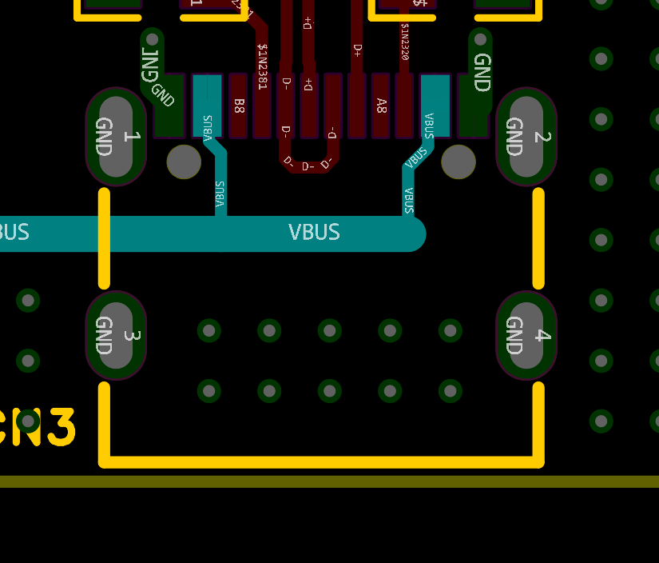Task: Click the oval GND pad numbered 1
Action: point(116,137)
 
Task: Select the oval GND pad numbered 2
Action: point(526,137)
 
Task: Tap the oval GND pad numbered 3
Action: point(116,335)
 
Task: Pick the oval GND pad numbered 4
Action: point(526,335)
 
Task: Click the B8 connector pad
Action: point(238,106)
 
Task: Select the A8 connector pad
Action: point(381,106)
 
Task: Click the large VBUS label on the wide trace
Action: point(314,233)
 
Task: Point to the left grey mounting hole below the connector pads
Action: point(184,162)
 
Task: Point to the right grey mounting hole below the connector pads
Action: point(459,162)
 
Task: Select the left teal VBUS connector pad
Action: point(207,106)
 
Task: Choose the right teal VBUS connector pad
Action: point(435,106)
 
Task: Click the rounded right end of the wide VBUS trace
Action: point(413,234)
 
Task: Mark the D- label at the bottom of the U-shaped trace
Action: point(308,166)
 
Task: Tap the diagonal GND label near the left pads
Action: point(162,96)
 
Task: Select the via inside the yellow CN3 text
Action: point(28,420)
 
